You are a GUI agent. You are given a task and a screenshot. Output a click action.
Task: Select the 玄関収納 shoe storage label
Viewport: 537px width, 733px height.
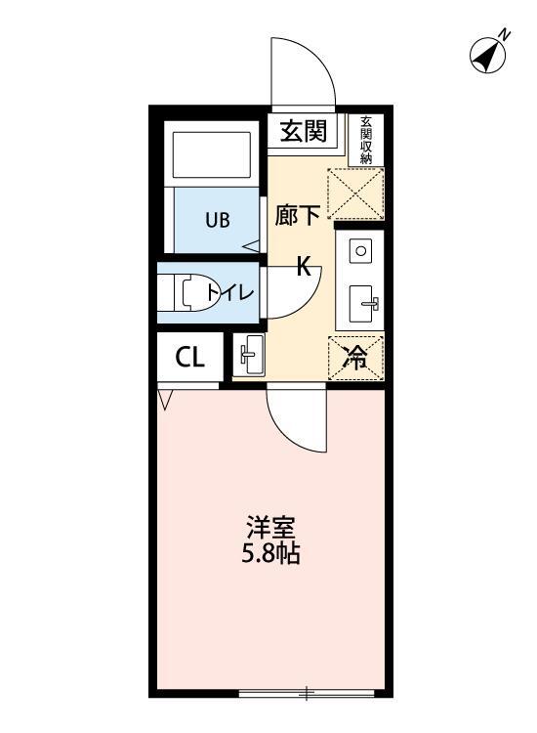coord(366,139)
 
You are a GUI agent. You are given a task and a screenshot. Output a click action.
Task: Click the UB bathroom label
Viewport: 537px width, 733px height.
coord(217,219)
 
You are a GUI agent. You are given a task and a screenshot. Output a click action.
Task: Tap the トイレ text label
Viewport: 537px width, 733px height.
coord(230,292)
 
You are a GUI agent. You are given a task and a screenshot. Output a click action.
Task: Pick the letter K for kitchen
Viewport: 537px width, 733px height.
coord(304,266)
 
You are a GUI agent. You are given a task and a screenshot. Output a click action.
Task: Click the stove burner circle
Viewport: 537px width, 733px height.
coord(360,250)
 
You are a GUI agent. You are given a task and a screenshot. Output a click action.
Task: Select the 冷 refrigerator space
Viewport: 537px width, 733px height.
coord(358,357)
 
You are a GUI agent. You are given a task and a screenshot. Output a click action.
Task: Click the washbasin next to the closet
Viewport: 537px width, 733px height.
coord(249,355)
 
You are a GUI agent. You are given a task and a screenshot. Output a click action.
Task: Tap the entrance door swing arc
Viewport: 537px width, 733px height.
coord(304,73)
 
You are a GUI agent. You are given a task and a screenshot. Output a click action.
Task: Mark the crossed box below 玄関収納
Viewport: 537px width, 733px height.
coord(355,194)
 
